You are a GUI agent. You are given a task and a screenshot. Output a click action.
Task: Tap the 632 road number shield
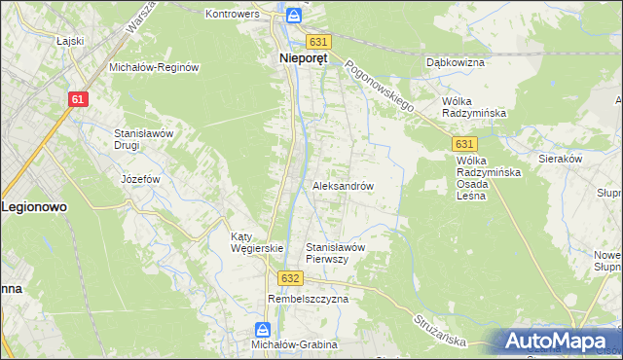(x=288, y=277)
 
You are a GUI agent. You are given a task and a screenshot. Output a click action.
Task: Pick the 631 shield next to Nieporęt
(x=318, y=42)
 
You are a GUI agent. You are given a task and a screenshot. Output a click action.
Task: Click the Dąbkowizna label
(x=455, y=61)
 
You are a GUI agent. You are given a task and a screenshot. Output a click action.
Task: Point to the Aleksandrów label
(x=343, y=185)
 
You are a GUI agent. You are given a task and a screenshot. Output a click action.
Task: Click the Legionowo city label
(x=32, y=207)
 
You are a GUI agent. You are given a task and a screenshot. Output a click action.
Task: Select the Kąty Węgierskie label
(x=255, y=242)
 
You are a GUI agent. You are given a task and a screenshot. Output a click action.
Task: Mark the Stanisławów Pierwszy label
(x=335, y=253)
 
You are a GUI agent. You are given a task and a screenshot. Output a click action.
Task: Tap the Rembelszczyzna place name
(x=308, y=299)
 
